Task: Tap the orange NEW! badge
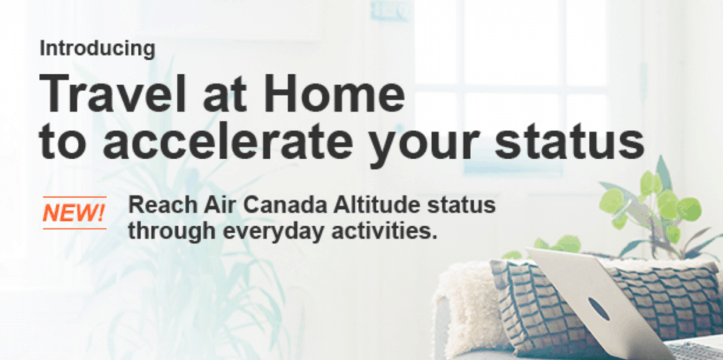[x=74, y=212]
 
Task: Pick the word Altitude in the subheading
[x=364, y=205]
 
